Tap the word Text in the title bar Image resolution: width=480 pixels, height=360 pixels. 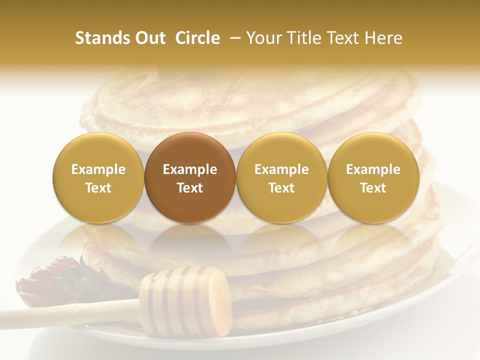[x=345, y=38]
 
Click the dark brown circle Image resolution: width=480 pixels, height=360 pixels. [x=190, y=177]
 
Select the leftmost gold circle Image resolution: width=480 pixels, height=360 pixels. [x=98, y=177]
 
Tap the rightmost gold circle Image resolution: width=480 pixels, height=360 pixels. [x=373, y=177]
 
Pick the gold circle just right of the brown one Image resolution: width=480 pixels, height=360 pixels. [x=281, y=177]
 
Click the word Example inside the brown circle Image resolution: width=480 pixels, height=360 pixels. [x=190, y=169]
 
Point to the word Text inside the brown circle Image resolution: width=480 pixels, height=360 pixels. [x=190, y=188]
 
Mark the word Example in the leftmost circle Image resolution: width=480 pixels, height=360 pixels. [x=98, y=169]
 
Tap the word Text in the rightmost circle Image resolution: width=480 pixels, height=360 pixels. [x=373, y=188]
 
